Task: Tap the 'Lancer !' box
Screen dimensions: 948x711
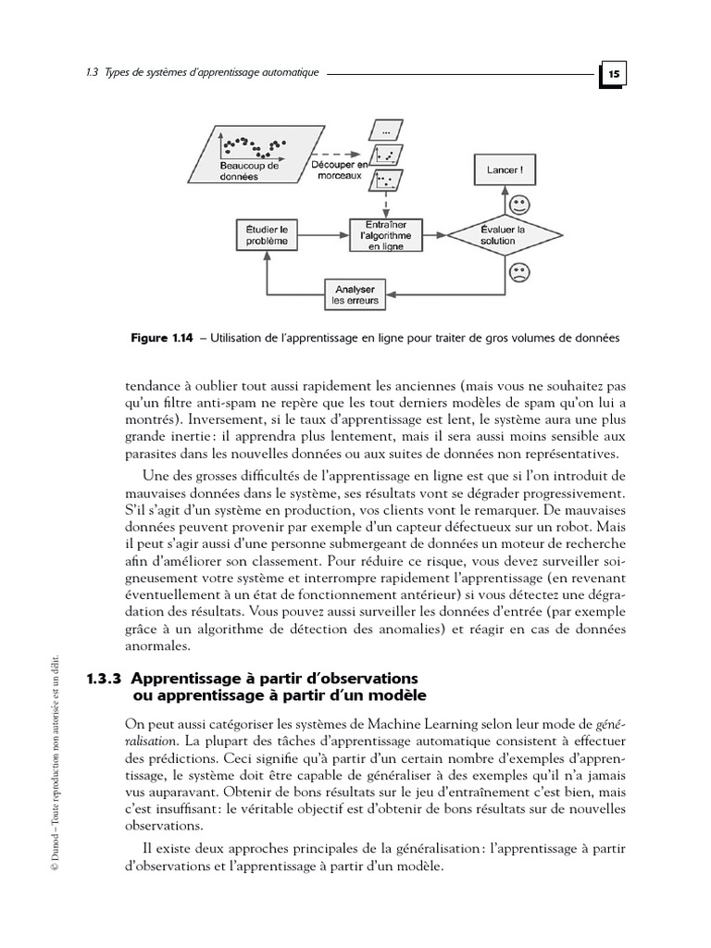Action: pyautogui.click(x=504, y=169)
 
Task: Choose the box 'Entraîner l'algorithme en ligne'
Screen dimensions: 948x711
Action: pyautogui.click(x=385, y=235)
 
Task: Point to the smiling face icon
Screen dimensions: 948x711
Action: pyautogui.click(x=518, y=203)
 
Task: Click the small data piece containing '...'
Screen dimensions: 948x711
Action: pyautogui.click(x=386, y=131)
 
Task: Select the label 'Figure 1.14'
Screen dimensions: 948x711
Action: pyautogui.click(x=162, y=339)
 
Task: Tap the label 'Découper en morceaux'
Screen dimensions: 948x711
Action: pyautogui.click(x=335, y=169)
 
